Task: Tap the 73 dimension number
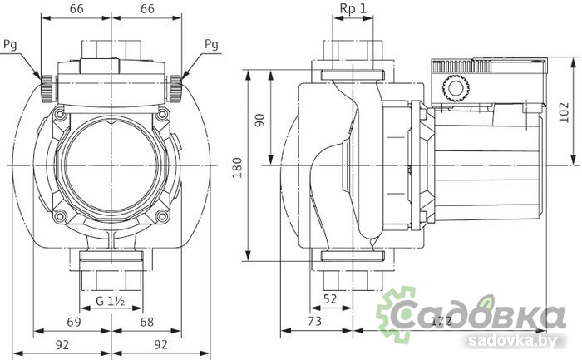[315, 320]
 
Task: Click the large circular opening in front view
[110, 165]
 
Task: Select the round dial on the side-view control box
[455, 86]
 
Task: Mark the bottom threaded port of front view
[110, 270]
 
